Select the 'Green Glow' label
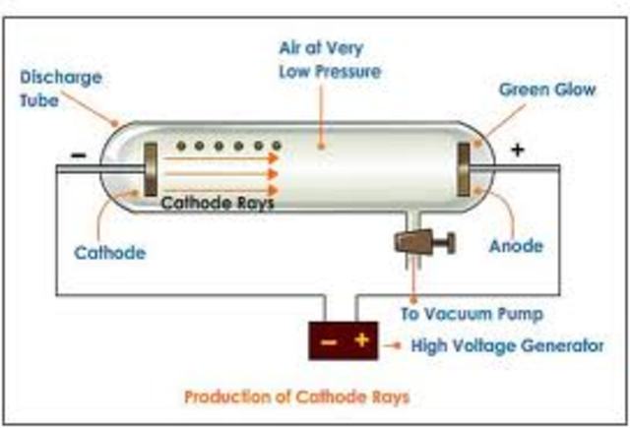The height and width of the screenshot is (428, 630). (546, 89)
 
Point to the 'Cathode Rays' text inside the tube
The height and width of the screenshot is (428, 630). (217, 205)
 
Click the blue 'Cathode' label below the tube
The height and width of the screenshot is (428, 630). (110, 253)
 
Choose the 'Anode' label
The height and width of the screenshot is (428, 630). (516, 246)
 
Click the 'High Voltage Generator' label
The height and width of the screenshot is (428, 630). (507, 345)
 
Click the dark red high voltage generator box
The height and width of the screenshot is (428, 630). (344, 341)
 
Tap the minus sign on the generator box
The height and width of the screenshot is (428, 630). (330, 341)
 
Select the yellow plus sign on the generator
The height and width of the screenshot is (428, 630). (361, 341)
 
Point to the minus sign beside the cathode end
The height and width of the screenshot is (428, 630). (79, 153)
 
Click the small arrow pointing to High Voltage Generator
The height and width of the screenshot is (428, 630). (394, 345)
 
